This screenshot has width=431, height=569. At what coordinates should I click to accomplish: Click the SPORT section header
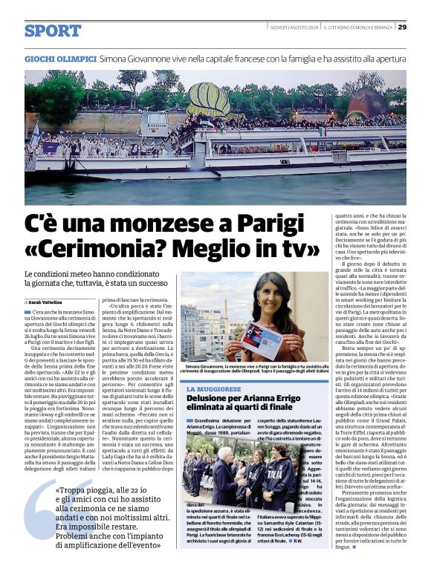(52, 30)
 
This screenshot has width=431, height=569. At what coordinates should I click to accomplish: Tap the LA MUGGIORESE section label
(215, 389)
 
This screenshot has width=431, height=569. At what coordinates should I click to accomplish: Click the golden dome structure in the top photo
(211, 100)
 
